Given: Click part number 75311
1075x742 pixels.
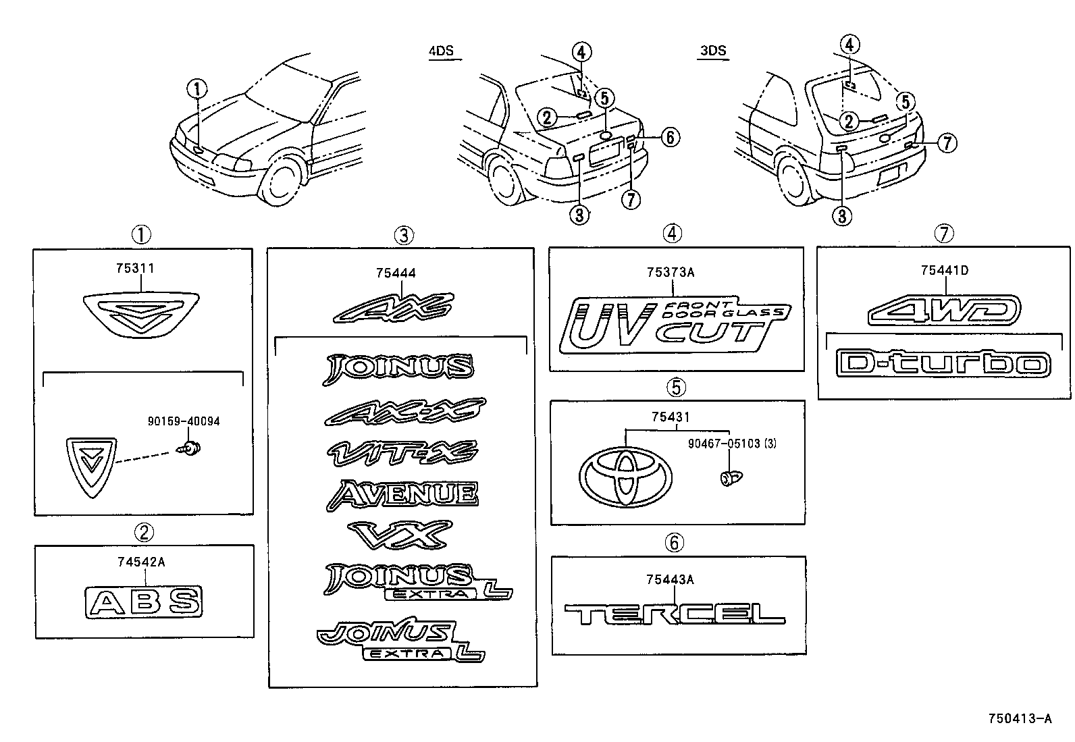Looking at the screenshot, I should coord(134,269).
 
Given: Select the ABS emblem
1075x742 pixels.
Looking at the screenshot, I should coord(144,602).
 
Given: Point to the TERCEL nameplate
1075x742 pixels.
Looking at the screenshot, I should coord(674,614).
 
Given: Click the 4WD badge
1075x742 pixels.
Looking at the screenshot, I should coord(943,311).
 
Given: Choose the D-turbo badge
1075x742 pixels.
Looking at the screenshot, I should coord(943,364).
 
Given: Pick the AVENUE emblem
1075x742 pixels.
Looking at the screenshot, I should coord(402,494).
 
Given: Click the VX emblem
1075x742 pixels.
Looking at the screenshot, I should coord(399,535).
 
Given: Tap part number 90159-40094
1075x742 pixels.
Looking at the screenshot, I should coord(184,421).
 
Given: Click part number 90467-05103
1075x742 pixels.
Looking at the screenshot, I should coord(723,444).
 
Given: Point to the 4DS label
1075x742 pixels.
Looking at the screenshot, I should coord(441,51).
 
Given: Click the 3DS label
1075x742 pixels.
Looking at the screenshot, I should coord(713,51).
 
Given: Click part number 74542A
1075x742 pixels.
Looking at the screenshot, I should coord(143,560).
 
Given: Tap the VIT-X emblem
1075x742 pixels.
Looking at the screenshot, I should coord(402,452).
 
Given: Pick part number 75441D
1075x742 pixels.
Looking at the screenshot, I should coord(944,271).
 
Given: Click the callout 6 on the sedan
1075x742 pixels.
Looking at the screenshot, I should coord(668,137).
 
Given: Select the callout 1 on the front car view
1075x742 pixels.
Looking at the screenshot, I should coord(197,88).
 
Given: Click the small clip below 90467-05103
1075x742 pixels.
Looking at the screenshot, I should coord(729,479).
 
